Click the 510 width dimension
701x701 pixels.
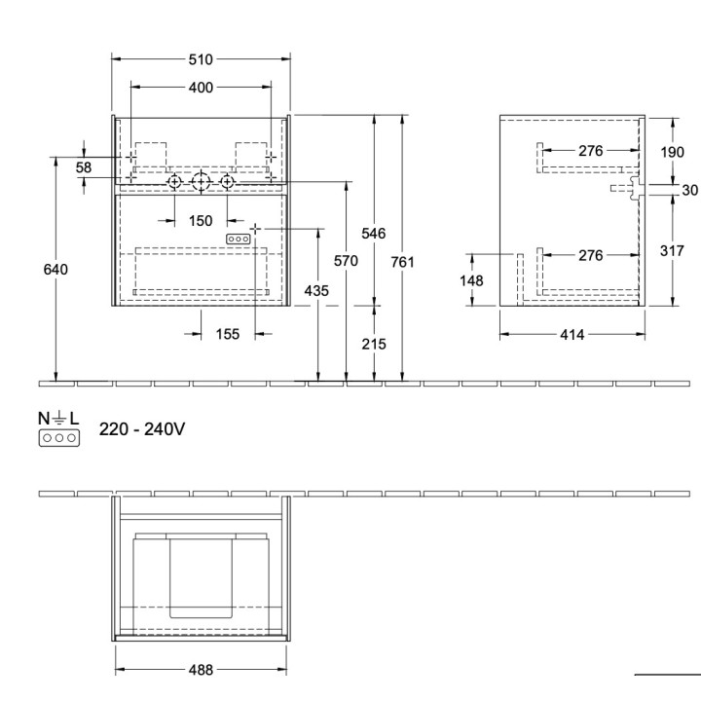point(201,59)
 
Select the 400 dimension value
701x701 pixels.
point(201,88)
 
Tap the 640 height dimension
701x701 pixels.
point(56,270)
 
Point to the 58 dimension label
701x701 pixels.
point(84,167)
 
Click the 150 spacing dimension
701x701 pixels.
point(201,221)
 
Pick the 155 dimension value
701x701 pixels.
point(227,334)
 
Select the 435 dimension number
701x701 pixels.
point(316,290)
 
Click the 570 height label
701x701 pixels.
point(346,261)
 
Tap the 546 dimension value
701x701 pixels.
point(374,234)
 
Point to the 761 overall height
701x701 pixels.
point(403,261)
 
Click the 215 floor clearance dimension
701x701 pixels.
point(374,344)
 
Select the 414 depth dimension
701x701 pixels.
point(572,334)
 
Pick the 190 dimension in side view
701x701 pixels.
point(672,151)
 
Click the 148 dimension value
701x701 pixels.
point(471,280)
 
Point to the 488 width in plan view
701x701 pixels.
point(201,670)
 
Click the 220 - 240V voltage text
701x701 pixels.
point(142,428)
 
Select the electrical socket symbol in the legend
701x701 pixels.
point(58,438)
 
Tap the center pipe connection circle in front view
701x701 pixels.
point(201,181)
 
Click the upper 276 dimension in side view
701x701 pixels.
point(591,151)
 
